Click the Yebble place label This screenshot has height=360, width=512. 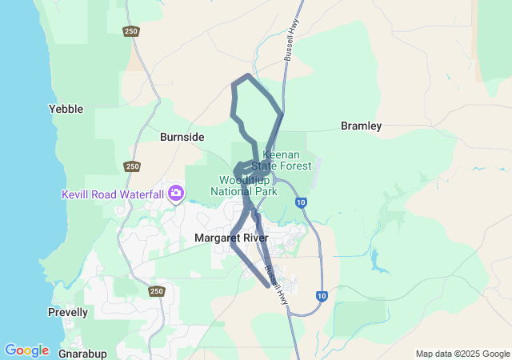[x=66, y=109]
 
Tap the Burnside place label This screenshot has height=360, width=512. [x=182, y=137]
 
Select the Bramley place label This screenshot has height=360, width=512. [x=361, y=126]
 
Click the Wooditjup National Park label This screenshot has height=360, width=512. [x=243, y=186]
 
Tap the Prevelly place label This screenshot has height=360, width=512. [x=68, y=312]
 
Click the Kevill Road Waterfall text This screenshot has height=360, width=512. [x=113, y=194]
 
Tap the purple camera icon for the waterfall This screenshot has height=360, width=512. [x=176, y=193]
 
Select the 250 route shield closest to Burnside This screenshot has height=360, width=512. [x=132, y=166]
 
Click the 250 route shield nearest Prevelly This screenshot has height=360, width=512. [x=157, y=291]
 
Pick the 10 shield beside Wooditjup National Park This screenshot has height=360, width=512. [x=300, y=202]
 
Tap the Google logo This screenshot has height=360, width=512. [x=26, y=350]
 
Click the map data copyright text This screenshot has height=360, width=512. [x=462, y=354]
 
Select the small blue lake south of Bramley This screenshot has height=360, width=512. [x=375, y=258]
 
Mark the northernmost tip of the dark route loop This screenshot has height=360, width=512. [x=249, y=76]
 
